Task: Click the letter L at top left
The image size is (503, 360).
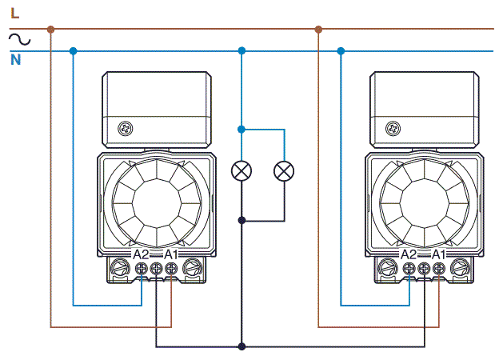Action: [x=14, y=11]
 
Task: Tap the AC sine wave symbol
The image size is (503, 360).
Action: [x=18, y=38]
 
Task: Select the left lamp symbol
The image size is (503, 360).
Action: [x=242, y=170]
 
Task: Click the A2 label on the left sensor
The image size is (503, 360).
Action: [x=141, y=254]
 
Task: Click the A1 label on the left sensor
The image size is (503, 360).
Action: [x=170, y=254]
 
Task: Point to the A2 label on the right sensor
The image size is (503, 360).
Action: [x=409, y=254]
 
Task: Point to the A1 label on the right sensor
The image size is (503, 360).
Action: [x=438, y=254]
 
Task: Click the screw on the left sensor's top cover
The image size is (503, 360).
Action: [x=125, y=128]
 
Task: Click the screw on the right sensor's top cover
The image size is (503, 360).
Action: [x=393, y=128]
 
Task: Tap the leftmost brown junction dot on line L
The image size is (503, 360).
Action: [x=50, y=30]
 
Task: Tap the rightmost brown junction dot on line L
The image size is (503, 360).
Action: [x=318, y=30]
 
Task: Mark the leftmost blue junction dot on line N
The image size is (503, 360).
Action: [x=73, y=51]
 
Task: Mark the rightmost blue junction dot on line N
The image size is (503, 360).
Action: [x=341, y=51]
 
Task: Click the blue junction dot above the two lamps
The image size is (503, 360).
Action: [x=242, y=128]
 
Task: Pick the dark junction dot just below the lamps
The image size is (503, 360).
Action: [x=242, y=220]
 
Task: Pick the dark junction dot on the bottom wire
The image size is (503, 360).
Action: [x=242, y=346]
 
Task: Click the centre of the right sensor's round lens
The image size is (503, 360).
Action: [x=424, y=200]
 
